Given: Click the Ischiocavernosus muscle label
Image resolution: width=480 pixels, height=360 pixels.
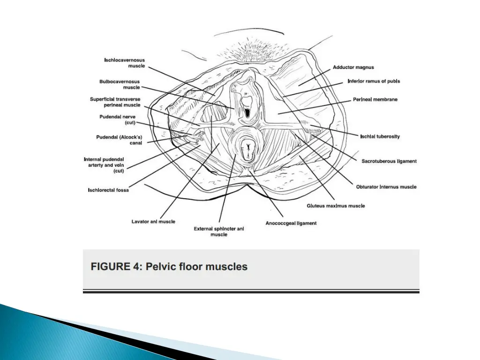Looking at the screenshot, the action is coord(124,63).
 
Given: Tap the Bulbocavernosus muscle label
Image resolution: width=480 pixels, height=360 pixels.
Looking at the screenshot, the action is coord(120,84).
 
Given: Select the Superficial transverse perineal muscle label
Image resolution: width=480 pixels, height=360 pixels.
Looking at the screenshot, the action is coord(115,102).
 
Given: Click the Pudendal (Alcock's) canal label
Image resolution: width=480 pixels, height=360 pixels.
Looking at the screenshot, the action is coord(119,140).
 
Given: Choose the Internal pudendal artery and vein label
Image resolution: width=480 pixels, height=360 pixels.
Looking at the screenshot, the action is coord(104,165).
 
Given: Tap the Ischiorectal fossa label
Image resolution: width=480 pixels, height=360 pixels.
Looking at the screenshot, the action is coord(108,190).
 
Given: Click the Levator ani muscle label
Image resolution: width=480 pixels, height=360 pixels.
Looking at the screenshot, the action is coord(153,221).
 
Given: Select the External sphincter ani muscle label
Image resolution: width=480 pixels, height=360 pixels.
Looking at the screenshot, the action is coord(219,231).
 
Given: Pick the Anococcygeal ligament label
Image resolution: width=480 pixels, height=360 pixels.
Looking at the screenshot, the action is coord(291,223).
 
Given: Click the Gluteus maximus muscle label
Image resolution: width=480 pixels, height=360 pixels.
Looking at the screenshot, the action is coord(336,206).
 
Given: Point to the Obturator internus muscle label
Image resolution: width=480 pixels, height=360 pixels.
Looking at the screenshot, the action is coord(386,187).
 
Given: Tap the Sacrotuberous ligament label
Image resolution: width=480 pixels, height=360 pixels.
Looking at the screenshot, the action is coord(389,161).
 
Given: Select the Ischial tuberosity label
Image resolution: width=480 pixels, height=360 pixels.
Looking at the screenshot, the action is coord(380,136).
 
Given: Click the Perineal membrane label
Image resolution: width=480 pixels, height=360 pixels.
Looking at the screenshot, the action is coord(375,99).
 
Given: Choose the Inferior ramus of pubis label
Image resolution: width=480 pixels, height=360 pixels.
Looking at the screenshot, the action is coord(374,81).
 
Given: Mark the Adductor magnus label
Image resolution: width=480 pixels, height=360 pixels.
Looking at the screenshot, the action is coord(353,67).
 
